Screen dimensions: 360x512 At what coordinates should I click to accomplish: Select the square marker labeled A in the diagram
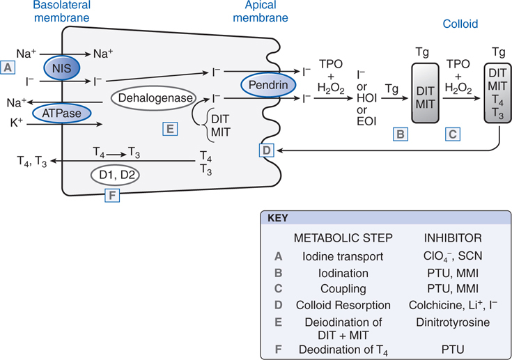[x=8, y=68]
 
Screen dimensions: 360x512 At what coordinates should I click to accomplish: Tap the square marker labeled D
[x=266, y=149]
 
